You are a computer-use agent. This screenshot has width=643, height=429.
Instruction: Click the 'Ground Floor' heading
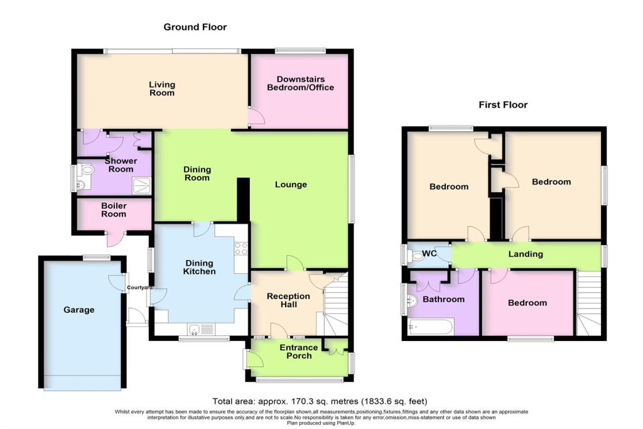tap(195, 27)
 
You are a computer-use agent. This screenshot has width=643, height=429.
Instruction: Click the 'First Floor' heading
tap(503, 105)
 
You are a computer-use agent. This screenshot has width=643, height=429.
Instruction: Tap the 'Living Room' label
tap(161, 89)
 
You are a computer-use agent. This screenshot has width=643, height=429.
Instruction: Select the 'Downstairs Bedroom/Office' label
tap(300, 84)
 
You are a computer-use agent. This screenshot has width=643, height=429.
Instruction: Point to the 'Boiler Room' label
tap(114, 210)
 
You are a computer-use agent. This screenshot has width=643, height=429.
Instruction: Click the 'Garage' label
tap(79, 310)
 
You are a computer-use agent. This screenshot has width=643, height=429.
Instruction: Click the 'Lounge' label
tap(291, 185)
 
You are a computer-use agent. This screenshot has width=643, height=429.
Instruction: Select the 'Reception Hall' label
tap(288, 300)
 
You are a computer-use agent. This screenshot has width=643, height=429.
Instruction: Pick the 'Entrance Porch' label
tap(298, 352)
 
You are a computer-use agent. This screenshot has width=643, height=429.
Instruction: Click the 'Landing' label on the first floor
tap(526, 254)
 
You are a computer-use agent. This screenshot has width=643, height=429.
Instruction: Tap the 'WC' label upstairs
tap(430, 253)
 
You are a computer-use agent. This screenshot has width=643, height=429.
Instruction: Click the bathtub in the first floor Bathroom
tap(430, 327)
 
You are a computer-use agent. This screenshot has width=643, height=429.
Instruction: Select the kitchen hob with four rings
tap(240, 248)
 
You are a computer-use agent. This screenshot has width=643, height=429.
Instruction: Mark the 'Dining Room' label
tap(197, 173)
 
